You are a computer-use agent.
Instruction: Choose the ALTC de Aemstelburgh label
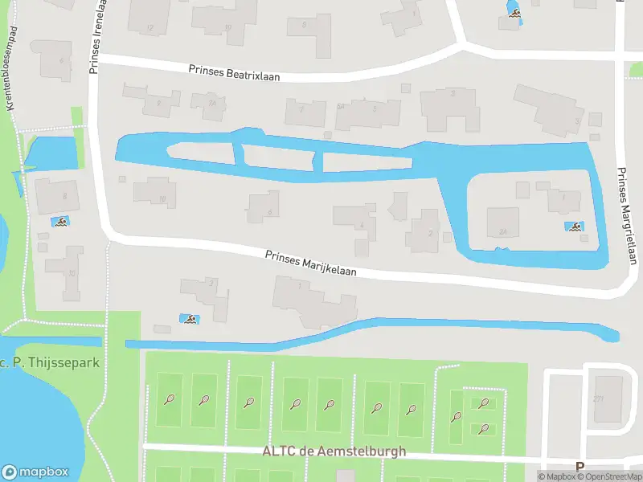(334, 451)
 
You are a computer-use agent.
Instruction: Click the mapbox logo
(35, 472)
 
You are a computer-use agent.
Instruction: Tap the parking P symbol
(579, 466)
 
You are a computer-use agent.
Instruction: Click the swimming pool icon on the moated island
(574, 227)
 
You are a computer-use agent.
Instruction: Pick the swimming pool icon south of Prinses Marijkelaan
(189, 320)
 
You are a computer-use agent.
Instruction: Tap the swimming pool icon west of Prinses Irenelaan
(59, 222)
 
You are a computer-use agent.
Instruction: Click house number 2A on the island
(503, 231)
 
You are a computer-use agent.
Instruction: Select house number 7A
(211, 104)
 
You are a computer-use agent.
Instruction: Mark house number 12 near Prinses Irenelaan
(149, 28)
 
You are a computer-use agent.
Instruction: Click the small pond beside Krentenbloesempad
(52, 153)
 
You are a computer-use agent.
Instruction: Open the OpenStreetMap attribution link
(612, 476)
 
